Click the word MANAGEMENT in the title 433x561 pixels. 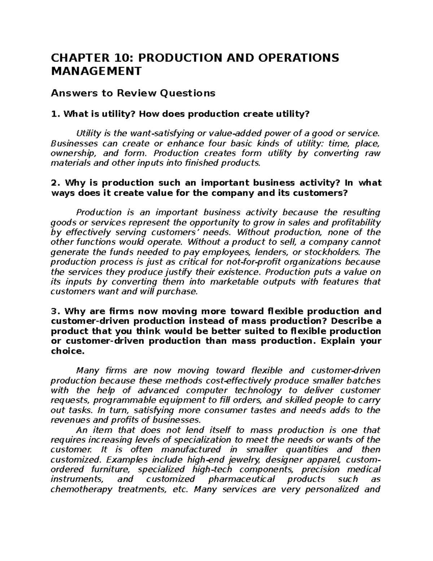pos(96,71)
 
